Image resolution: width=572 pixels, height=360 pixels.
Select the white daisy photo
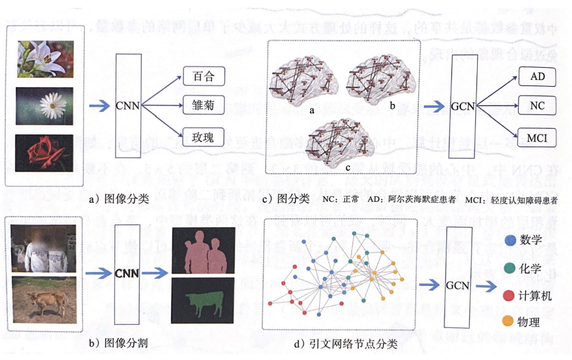(x=45, y=106)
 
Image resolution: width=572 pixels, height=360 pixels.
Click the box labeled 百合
(x=203, y=76)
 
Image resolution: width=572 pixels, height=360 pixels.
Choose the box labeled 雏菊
(x=203, y=105)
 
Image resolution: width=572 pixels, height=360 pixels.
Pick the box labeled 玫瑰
(x=203, y=135)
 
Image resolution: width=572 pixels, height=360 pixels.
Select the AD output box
(x=537, y=77)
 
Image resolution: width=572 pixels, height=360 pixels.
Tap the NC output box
(x=537, y=106)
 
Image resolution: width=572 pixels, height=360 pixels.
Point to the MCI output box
(x=537, y=135)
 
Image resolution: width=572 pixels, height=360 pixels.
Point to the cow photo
(x=45, y=298)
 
